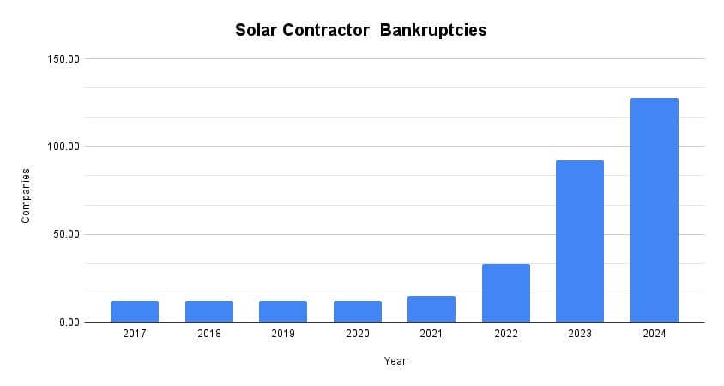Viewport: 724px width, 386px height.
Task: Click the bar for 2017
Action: coord(135,311)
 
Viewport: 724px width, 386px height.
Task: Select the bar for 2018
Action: coord(208,311)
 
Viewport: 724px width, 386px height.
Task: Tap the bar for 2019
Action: coord(283,311)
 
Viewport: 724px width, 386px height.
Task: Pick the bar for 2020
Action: coord(358,311)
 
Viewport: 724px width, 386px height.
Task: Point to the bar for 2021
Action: coord(431,309)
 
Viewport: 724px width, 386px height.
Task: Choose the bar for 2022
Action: coord(506,293)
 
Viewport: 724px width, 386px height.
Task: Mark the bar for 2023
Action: coord(580,241)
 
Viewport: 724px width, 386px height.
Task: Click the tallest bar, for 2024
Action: coord(655,210)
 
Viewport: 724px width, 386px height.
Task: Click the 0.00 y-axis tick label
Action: coord(69,323)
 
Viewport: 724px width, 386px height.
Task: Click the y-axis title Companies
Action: coord(26,196)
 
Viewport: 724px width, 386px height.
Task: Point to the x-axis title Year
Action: coord(395,361)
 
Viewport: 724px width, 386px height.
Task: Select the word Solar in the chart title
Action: coord(258,31)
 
